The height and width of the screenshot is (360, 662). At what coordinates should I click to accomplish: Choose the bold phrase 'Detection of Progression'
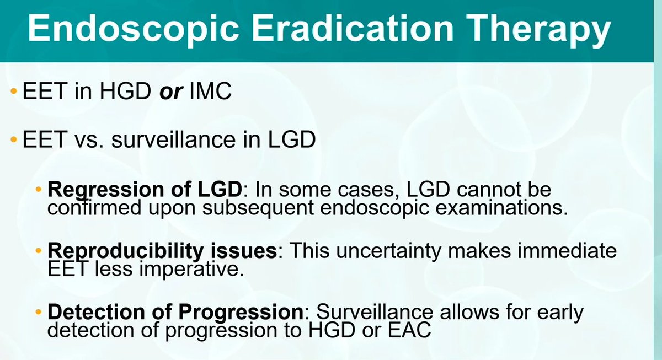pos(175,311)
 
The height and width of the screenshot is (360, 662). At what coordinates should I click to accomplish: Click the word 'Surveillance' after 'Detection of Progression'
pos(370,311)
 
